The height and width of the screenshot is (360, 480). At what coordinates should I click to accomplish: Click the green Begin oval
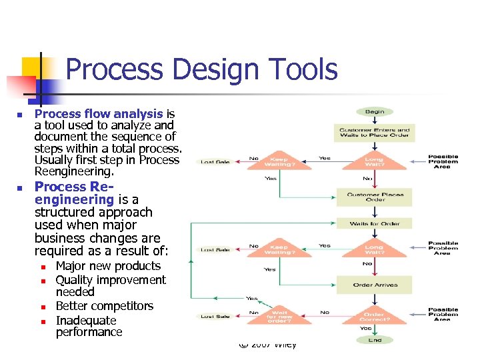375,112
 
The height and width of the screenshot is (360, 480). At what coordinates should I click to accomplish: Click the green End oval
375,340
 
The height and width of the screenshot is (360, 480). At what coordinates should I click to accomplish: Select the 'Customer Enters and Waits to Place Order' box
375,133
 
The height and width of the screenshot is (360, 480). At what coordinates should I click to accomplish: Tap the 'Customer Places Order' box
375,197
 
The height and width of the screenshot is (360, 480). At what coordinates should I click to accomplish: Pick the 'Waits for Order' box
375,223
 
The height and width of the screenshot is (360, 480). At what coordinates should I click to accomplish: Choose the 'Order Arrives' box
375,285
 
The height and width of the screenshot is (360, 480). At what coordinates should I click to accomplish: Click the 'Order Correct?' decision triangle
375,313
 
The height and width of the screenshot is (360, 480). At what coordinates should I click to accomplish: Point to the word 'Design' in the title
204,69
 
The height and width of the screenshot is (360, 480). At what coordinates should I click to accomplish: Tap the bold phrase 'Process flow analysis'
99,114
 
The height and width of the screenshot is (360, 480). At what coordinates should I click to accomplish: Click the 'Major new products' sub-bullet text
108,266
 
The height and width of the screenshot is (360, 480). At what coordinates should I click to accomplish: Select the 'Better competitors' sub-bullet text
105,306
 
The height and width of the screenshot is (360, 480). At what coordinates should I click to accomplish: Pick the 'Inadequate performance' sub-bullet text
89,326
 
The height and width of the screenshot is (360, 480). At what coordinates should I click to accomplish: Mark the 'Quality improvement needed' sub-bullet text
110,286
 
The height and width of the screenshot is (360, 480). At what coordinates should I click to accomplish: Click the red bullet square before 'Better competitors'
42,307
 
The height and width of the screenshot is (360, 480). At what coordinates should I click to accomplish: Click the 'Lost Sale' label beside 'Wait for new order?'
215,316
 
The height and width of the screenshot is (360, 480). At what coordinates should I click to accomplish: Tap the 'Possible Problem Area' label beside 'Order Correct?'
443,314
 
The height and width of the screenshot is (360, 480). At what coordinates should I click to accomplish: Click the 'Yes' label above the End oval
366,328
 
